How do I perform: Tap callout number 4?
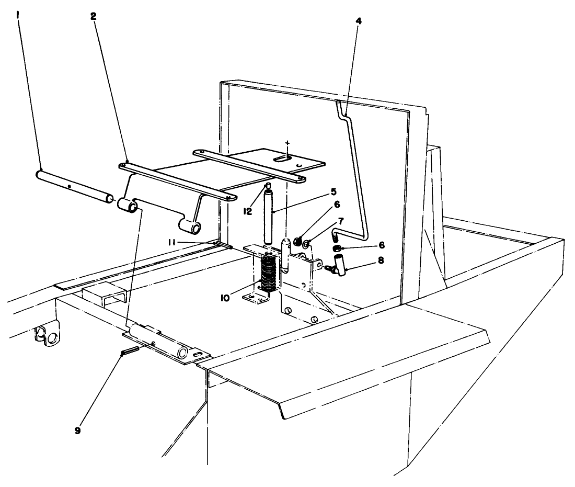[358, 21]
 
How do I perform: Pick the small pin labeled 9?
[129, 352]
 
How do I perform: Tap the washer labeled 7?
[307, 242]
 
